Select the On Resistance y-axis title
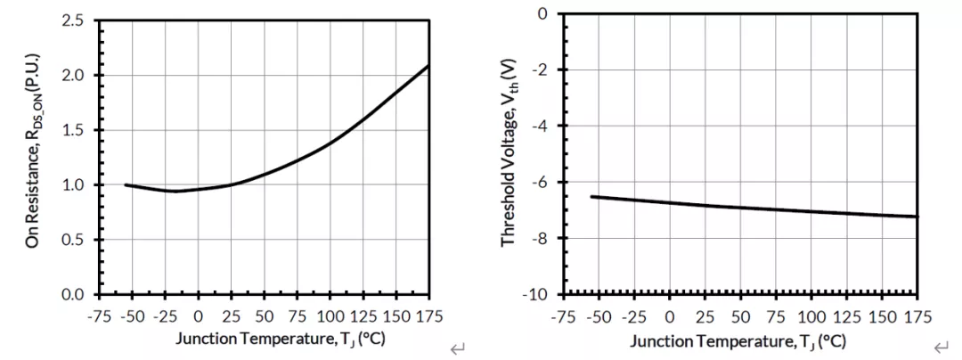pos(33,157)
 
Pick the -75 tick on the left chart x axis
pos(99,316)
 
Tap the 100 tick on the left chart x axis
pos(330,316)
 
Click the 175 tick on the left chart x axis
pos(428,316)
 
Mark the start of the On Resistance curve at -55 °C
pos(126,184)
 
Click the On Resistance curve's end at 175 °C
pos(428,65)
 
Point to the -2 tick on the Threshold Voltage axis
pos(541,70)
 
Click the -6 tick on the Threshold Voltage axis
pos(541,182)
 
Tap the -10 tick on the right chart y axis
pos(537,294)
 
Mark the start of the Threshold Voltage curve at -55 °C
pos(592,196)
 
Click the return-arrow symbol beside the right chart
pos(941,348)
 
